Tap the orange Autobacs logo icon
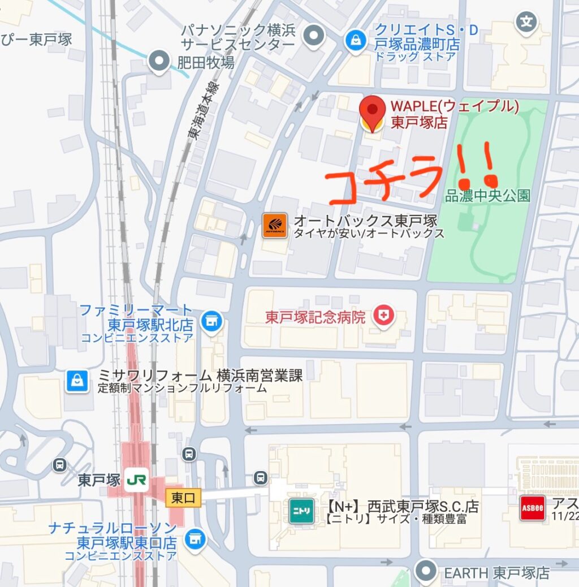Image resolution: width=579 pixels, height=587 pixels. [x=275, y=226]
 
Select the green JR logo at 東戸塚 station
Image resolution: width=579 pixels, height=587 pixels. [x=136, y=480]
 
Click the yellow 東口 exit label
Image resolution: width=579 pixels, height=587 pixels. [x=183, y=498]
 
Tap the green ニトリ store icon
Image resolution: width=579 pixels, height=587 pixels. [x=301, y=511]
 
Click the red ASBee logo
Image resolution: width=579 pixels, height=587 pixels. [x=532, y=508]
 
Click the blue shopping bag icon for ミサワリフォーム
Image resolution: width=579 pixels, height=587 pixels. [x=77, y=381]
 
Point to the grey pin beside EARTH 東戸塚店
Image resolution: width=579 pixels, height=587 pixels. [x=426, y=571]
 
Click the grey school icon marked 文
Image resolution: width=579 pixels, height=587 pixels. [x=526, y=23]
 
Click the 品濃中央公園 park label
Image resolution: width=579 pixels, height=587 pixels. [x=488, y=196]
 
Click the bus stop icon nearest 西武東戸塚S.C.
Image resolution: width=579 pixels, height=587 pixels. [x=260, y=478]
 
